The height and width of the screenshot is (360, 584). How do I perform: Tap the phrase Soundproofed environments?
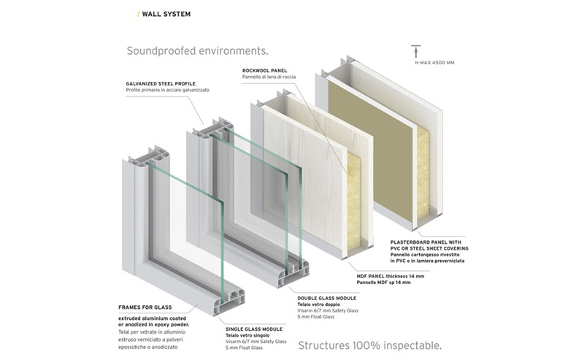(197, 51)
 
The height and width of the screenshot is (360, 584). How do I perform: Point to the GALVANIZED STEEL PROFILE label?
(165, 83)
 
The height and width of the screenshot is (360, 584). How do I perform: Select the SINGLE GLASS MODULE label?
(254, 328)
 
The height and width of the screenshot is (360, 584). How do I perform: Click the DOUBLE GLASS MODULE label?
(327, 298)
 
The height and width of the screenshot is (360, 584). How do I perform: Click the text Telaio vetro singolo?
(246, 334)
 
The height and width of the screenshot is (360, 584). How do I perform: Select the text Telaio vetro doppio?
(318, 305)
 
